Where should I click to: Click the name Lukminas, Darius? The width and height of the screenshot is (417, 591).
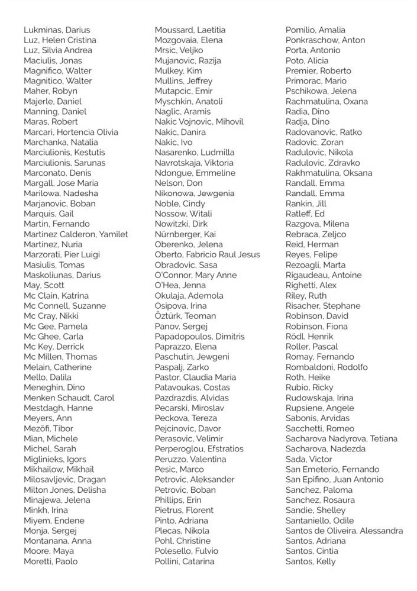click(57, 30)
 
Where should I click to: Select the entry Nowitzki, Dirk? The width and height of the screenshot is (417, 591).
click(181, 224)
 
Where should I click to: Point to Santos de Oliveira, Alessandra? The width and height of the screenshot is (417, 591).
click(344, 531)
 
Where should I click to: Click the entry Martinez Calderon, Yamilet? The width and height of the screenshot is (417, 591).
click(76, 234)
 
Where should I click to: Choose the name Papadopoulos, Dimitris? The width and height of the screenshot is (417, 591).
click(199, 337)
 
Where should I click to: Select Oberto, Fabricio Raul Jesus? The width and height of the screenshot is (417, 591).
click(207, 255)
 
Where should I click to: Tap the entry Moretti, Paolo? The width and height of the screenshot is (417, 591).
click(50, 561)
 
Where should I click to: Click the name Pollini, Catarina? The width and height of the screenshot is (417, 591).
click(185, 561)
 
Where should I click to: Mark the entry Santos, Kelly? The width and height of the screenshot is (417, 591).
click(311, 561)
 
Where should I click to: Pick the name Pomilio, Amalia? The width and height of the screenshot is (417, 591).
click(315, 30)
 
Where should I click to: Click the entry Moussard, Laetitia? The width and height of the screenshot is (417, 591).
click(190, 30)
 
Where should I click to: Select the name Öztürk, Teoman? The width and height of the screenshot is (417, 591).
click(185, 316)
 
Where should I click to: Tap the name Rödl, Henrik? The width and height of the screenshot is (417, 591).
click(309, 337)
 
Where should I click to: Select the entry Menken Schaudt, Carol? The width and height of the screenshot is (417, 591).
click(69, 398)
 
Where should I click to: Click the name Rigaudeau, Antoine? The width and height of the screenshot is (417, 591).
click(324, 275)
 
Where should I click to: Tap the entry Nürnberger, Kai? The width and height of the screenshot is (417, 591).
click(185, 234)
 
